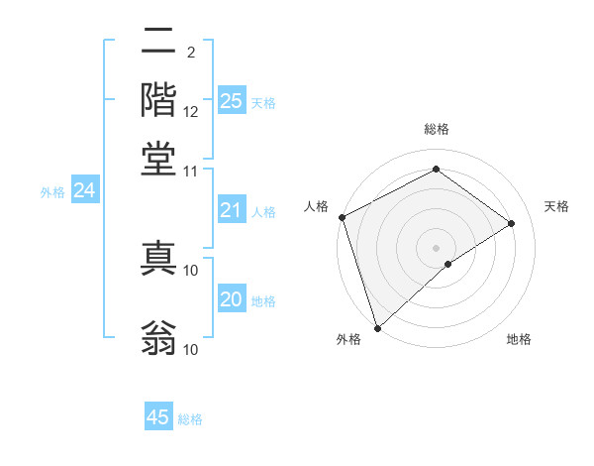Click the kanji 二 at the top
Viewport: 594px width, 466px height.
[x=158, y=42]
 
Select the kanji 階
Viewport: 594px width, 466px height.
[x=158, y=99]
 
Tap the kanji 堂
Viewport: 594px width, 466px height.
[x=158, y=159]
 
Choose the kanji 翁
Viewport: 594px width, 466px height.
[x=158, y=337]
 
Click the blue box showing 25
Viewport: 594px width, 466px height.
[x=232, y=100]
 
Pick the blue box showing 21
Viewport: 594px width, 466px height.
[x=232, y=210]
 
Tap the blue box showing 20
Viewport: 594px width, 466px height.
[x=232, y=299]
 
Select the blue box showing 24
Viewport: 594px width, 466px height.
[x=84, y=190]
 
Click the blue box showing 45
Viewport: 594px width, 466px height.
[x=158, y=417]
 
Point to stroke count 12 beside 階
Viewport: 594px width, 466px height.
[x=191, y=111]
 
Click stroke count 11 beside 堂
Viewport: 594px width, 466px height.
[x=191, y=171]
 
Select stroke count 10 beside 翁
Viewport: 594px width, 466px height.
[x=191, y=349]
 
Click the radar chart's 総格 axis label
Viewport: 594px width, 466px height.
[x=436, y=129]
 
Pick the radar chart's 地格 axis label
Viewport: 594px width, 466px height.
[x=519, y=339]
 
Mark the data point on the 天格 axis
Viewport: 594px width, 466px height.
[x=512, y=223]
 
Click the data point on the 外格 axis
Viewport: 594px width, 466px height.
[x=377, y=327]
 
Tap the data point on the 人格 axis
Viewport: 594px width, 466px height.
[x=341, y=217]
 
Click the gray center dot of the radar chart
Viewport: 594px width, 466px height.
[x=436, y=247]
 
